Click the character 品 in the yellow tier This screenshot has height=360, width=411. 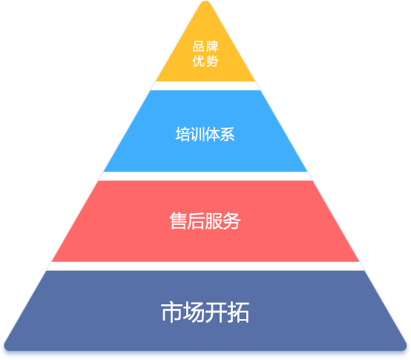pyautogui.click(x=198, y=47)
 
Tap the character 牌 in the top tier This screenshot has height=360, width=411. pyautogui.click(x=212, y=47)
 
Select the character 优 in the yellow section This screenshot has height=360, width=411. pyautogui.click(x=198, y=61)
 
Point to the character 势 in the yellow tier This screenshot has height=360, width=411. pyautogui.click(x=212, y=61)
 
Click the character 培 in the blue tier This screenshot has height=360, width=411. pyautogui.click(x=183, y=134)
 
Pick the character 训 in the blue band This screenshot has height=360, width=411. pyautogui.click(x=197, y=134)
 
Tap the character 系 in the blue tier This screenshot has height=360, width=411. pyautogui.click(x=227, y=134)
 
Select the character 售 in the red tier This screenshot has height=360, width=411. pyautogui.click(x=178, y=220)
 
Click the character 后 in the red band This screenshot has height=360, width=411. pyautogui.click(x=196, y=220)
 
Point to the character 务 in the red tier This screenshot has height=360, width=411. pyautogui.click(x=231, y=220)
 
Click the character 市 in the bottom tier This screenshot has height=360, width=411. pyautogui.click(x=171, y=312)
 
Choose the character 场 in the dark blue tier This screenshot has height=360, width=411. pyautogui.click(x=194, y=312)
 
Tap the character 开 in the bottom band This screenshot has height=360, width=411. pyautogui.click(x=216, y=312)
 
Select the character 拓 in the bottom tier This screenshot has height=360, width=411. pyautogui.click(x=238, y=312)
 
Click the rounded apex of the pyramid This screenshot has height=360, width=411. pyautogui.click(x=205, y=3)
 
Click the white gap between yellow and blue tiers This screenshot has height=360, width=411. pyautogui.click(x=205, y=86)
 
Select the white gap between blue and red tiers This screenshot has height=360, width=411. pyautogui.click(x=205, y=176)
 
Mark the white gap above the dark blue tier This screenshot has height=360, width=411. pyautogui.click(x=205, y=266)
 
